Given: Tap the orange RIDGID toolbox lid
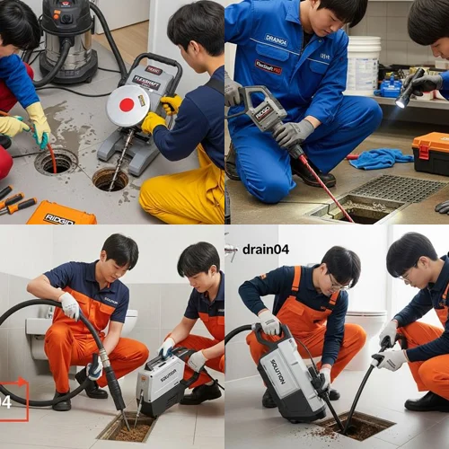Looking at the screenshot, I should [x=61, y=213].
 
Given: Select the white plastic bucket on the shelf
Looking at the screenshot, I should [x=363, y=65].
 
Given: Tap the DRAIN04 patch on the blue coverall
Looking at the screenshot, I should [x=277, y=40].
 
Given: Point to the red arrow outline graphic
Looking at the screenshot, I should [x=13, y=401].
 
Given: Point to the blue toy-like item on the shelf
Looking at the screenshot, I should [x=390, y=88].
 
